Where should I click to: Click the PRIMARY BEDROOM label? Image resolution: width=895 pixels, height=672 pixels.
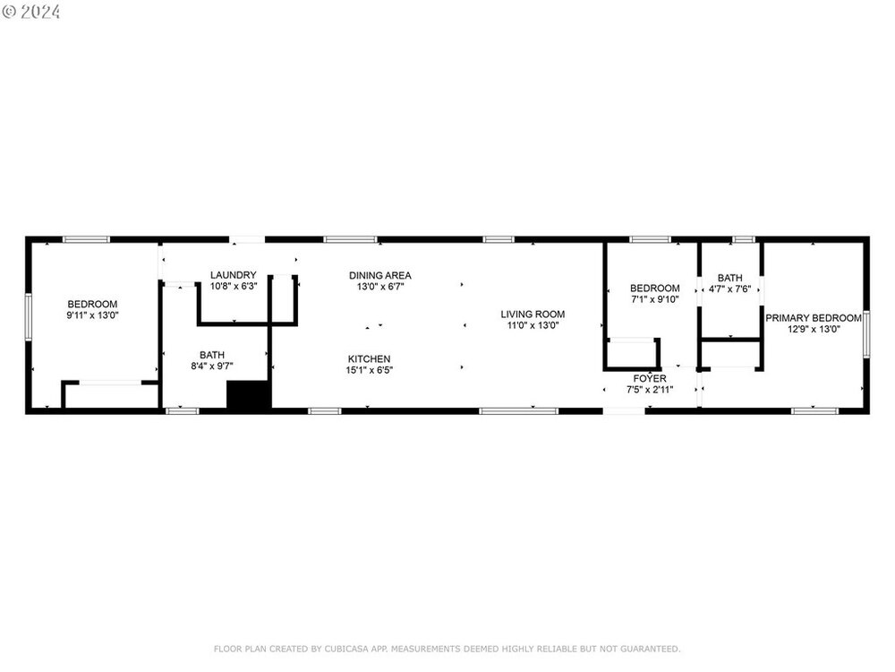point(814,318)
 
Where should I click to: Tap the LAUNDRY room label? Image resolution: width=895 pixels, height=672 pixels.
point(234,275)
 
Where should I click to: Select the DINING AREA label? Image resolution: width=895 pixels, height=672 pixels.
point(380,275)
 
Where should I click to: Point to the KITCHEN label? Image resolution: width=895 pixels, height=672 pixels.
point(370,359)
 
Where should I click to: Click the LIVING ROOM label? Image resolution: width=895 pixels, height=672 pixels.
point(533,314)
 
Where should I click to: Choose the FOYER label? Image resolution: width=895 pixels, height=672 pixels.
point(650,379)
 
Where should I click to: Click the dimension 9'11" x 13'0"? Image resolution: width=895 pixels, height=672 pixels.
point(92,315)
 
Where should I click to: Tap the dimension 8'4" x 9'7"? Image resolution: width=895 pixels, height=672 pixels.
point(212,366)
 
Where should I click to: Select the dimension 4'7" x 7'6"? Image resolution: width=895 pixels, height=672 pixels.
point(729,289)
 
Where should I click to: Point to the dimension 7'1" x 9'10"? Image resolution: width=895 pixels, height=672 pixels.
point(655,299)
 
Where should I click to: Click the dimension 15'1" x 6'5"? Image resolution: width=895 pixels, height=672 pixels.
point(370,370)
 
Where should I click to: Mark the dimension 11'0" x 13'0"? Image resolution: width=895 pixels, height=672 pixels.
point(533,326)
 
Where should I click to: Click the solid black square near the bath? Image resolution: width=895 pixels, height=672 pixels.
point(248,394)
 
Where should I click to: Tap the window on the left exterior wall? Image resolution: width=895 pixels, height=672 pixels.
point(28,317)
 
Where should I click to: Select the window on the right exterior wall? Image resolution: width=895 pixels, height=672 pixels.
point(866,334)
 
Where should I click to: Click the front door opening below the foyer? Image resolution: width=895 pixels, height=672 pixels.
point(624,411)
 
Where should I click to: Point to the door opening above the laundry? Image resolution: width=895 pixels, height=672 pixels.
point(247,239)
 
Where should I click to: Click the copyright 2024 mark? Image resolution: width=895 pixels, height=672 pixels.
point(31,12)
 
